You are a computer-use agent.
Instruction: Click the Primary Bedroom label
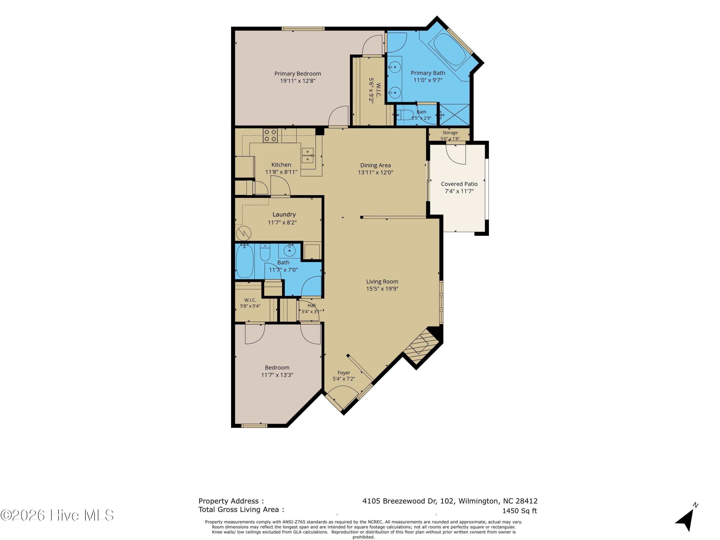(298, 74)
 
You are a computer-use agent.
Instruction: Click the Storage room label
(450, 133)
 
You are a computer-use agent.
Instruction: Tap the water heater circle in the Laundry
(243, 233)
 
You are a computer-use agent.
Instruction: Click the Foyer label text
(344, 373)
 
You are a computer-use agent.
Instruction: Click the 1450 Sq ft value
(520, 511)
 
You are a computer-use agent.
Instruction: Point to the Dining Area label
(375, 165)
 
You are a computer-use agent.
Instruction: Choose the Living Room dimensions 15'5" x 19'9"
(382, 289)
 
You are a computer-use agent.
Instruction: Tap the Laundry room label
(284, 215)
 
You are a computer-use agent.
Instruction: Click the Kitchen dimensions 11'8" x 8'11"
(281, 172)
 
